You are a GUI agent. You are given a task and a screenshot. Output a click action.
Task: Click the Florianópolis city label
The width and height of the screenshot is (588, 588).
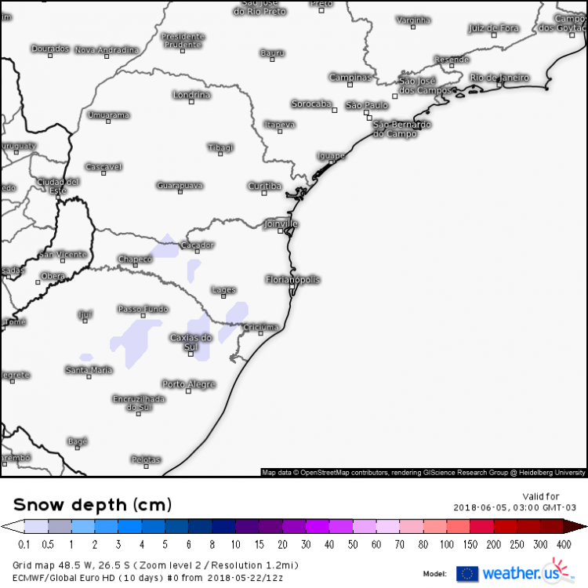tap(293, 280)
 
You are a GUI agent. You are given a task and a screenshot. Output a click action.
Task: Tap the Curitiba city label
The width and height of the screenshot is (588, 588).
tap(264, 186)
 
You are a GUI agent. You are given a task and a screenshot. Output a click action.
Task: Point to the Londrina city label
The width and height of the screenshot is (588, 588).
tap(191, 95)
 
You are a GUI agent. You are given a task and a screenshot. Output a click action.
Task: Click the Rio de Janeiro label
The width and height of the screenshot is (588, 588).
tap(499, 78)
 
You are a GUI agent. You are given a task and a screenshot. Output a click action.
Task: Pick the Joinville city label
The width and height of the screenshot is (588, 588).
tap(282, 223)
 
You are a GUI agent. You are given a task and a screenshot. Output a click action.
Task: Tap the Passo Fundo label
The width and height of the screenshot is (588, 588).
tap(143, 309)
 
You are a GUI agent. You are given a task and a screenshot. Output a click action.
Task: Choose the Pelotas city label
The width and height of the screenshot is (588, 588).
tap(146, 459)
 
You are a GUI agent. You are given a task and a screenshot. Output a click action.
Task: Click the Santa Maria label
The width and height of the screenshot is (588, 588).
tap(89, 370)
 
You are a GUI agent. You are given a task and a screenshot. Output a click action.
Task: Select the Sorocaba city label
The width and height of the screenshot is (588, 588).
tap(312, 103)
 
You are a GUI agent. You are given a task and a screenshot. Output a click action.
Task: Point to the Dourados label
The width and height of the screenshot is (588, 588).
tap(50, 49)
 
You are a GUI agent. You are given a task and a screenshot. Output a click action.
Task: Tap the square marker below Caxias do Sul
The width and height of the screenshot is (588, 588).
tap(192, 354)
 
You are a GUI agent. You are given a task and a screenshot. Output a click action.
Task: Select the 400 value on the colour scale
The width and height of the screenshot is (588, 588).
tap(564, 544)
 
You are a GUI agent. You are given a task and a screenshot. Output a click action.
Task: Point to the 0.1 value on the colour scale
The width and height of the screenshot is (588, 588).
tap(24, 544)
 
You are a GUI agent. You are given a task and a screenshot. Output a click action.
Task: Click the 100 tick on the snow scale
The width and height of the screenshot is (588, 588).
tap(446, 544)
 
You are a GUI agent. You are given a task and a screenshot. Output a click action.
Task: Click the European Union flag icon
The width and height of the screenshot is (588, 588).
tap(467, 573)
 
